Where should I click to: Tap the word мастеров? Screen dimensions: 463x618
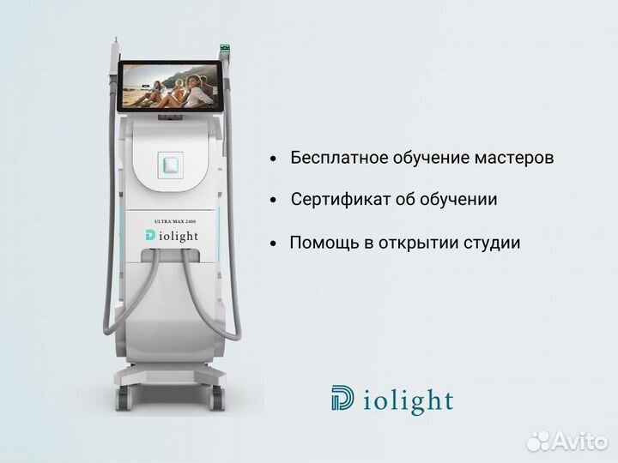click(512, 159)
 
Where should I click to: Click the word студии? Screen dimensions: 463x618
click(492, 244)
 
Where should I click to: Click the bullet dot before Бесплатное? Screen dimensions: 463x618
click(273, 160)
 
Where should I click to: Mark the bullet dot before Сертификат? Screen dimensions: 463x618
click(273, 201)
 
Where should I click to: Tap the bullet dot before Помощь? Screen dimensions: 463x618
click(273, 244)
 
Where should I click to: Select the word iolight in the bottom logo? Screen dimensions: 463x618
click(407, 400)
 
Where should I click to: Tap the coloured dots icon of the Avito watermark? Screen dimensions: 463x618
click(537, 441)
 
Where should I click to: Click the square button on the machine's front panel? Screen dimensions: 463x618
click(171, 164)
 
